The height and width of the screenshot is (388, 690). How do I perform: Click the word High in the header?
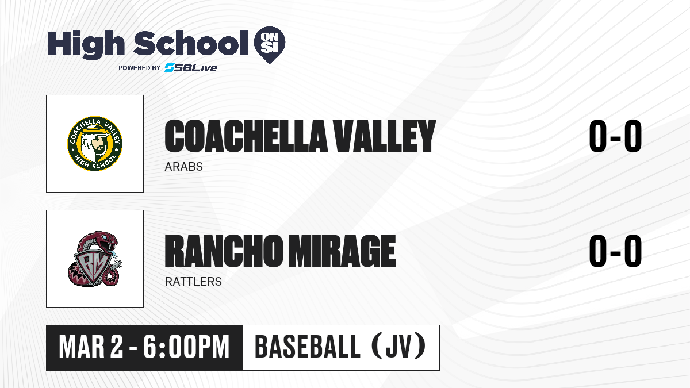(x=86, y=44)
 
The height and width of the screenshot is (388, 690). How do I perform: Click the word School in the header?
(x=191, y=43)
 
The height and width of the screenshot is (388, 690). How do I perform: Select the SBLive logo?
(x=190, y=68)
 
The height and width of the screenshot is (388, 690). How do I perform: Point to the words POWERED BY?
(x=140, y=68)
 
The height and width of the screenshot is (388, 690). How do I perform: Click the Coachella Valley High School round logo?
(x=95, y=144)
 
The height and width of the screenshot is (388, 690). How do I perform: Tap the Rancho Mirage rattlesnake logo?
(x=94, y=259)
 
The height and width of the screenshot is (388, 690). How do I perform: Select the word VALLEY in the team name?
(x=385, y=136)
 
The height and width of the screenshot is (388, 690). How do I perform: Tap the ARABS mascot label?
(x=183, y=167)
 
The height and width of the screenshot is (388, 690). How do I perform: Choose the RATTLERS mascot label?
(x=193, y=282)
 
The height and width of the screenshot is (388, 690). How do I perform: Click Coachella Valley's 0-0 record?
(x=615, y=136)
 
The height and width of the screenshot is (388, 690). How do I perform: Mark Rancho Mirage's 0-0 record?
(x=615, y=251)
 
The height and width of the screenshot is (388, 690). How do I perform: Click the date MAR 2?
(x=91, y=347)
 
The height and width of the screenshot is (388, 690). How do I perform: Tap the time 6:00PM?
(x=186, y=347)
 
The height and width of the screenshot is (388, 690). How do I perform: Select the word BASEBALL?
(x=308, y=347)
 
